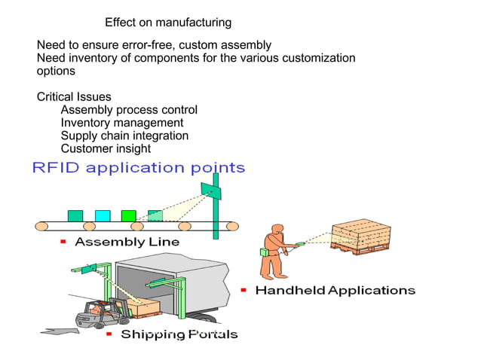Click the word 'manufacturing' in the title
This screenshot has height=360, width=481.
[x=195, y=23]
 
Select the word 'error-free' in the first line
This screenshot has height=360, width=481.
[x=149, y=45]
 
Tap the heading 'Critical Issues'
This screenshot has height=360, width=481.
[x=74, y=97]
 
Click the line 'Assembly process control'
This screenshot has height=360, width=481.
[x=129, y=110]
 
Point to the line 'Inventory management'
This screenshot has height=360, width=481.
[x=121, y=123]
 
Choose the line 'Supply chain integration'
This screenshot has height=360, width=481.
[x=124, y=136]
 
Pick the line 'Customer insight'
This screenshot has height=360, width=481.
[x=106, y=148]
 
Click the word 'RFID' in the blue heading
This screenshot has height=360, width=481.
[x=56, y=167]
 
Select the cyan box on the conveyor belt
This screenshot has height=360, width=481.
[x=102, y=215]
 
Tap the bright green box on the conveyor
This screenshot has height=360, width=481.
[x=129, y=215]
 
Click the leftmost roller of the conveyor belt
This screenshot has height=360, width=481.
[x=41, y=226]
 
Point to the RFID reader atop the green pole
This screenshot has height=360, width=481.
[x=216, y=191]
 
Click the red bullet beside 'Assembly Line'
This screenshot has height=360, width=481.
[x=64, y=242]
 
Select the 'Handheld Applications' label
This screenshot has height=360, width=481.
[x=335, y=290]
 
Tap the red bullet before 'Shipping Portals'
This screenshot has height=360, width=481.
[x=109, y=333]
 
